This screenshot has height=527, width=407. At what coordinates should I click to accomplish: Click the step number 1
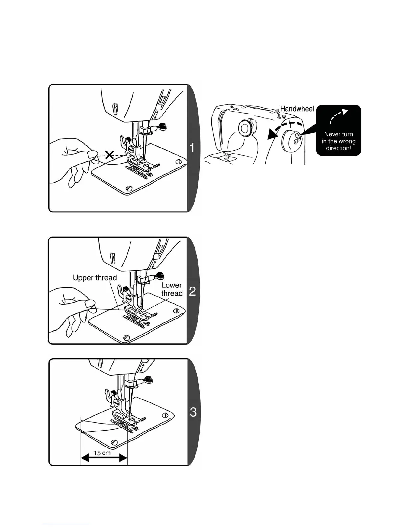pyautogui.click(x=192, y=148)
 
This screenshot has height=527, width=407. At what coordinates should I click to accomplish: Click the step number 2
pyautogui.click(x=192, y=291)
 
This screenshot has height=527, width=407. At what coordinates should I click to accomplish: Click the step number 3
pyautogui.click(x=193, y=412)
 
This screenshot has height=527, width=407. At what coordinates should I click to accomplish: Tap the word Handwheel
pyautogui.click(x=297, y=109)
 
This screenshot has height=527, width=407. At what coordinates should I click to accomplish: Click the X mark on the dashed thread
pyautogui.click(x=109, y=154)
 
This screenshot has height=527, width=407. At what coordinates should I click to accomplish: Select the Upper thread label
pyautogui.click(x=95, y=278)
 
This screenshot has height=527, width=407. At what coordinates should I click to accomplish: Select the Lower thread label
pyautogui.click(x=172, y=289)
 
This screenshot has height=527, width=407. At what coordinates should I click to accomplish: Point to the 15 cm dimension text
pyautogui.click(x=102, y=453)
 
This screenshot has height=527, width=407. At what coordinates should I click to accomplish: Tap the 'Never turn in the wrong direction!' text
pyautogui.click(x=339, y=141)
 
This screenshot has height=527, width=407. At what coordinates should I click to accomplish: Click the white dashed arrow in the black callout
pyautogui.click(x=339, y=116)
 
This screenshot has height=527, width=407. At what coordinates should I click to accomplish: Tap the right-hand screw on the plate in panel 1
pyautogui.click(x=180, y=161)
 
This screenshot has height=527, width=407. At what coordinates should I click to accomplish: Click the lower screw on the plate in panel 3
pyautogui.click(x=115, y=442)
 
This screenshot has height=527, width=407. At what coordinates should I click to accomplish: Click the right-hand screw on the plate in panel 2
pyautogui.click(x=176, y=311)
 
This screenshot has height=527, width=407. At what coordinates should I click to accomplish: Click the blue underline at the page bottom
pyautogui.click(x=66, y=524)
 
